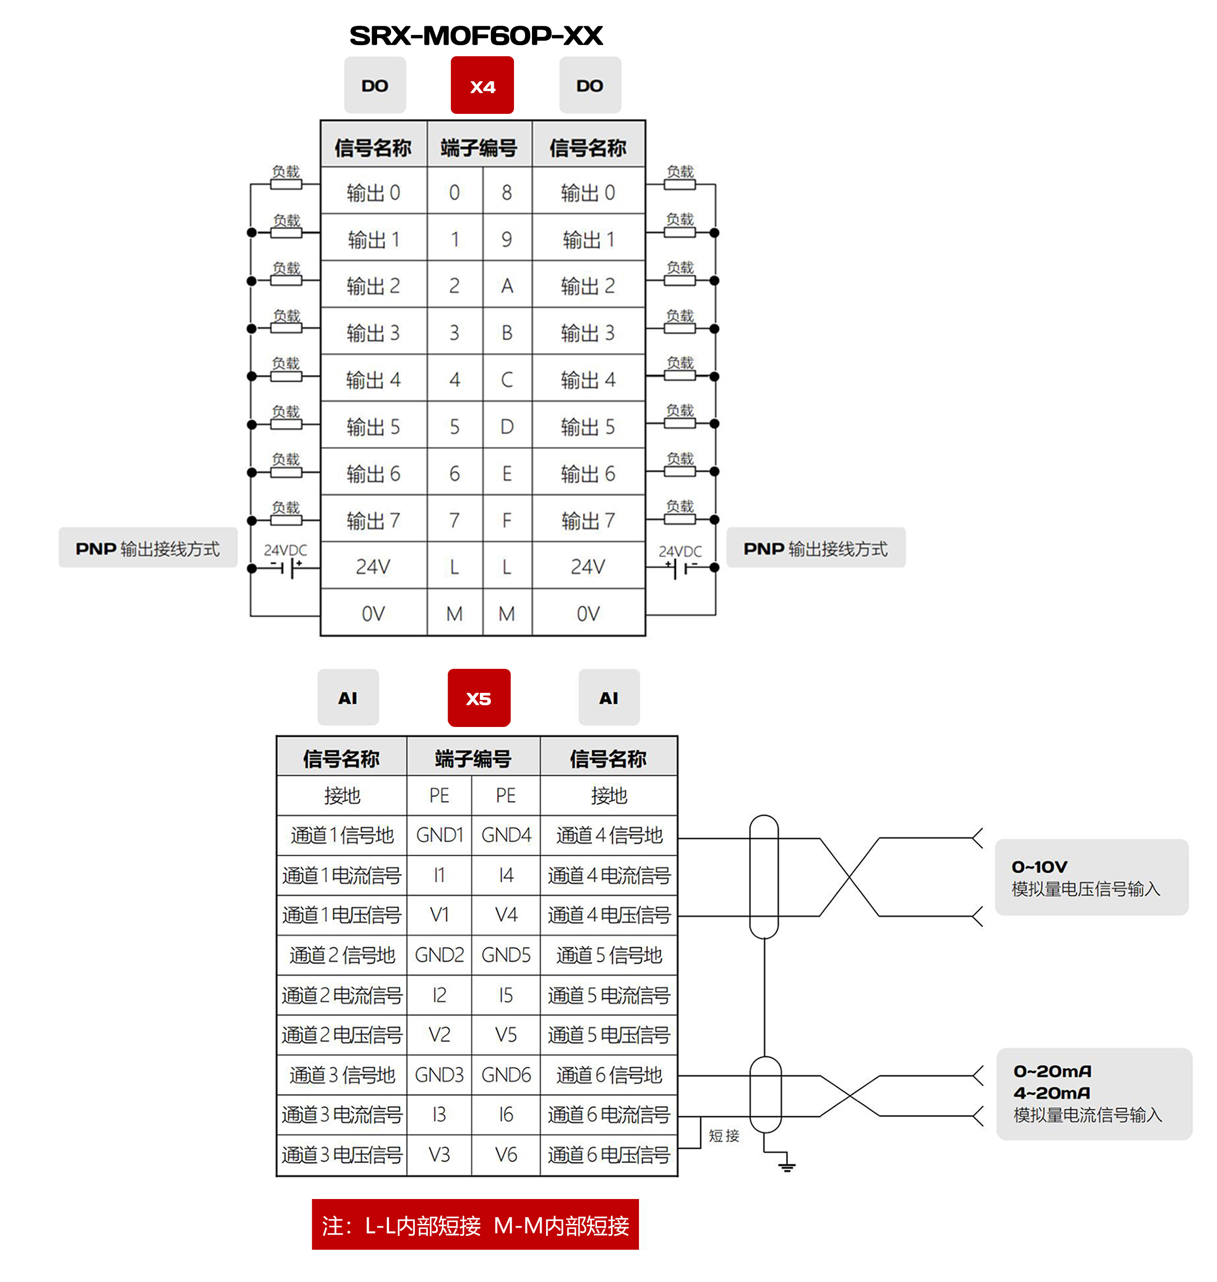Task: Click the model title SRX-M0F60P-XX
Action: (476, 35)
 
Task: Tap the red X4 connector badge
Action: (482, 86)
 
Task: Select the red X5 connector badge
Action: (479, 698)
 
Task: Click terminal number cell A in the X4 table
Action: (507, 285)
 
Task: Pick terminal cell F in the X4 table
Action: (507, 520)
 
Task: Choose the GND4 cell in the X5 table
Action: (506, 835)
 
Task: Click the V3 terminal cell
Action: (439, 1155)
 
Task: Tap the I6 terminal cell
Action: (506, 1115)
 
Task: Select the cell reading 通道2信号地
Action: (342, 955)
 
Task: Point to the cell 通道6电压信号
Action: (608, 1155)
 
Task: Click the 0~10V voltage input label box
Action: (1091, 877)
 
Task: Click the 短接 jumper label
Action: (724, 1135)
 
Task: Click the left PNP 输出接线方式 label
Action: (148, 548)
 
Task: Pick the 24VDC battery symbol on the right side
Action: (680, 567)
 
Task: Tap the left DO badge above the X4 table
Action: (375, 86)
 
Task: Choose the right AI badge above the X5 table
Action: (608, 698)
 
